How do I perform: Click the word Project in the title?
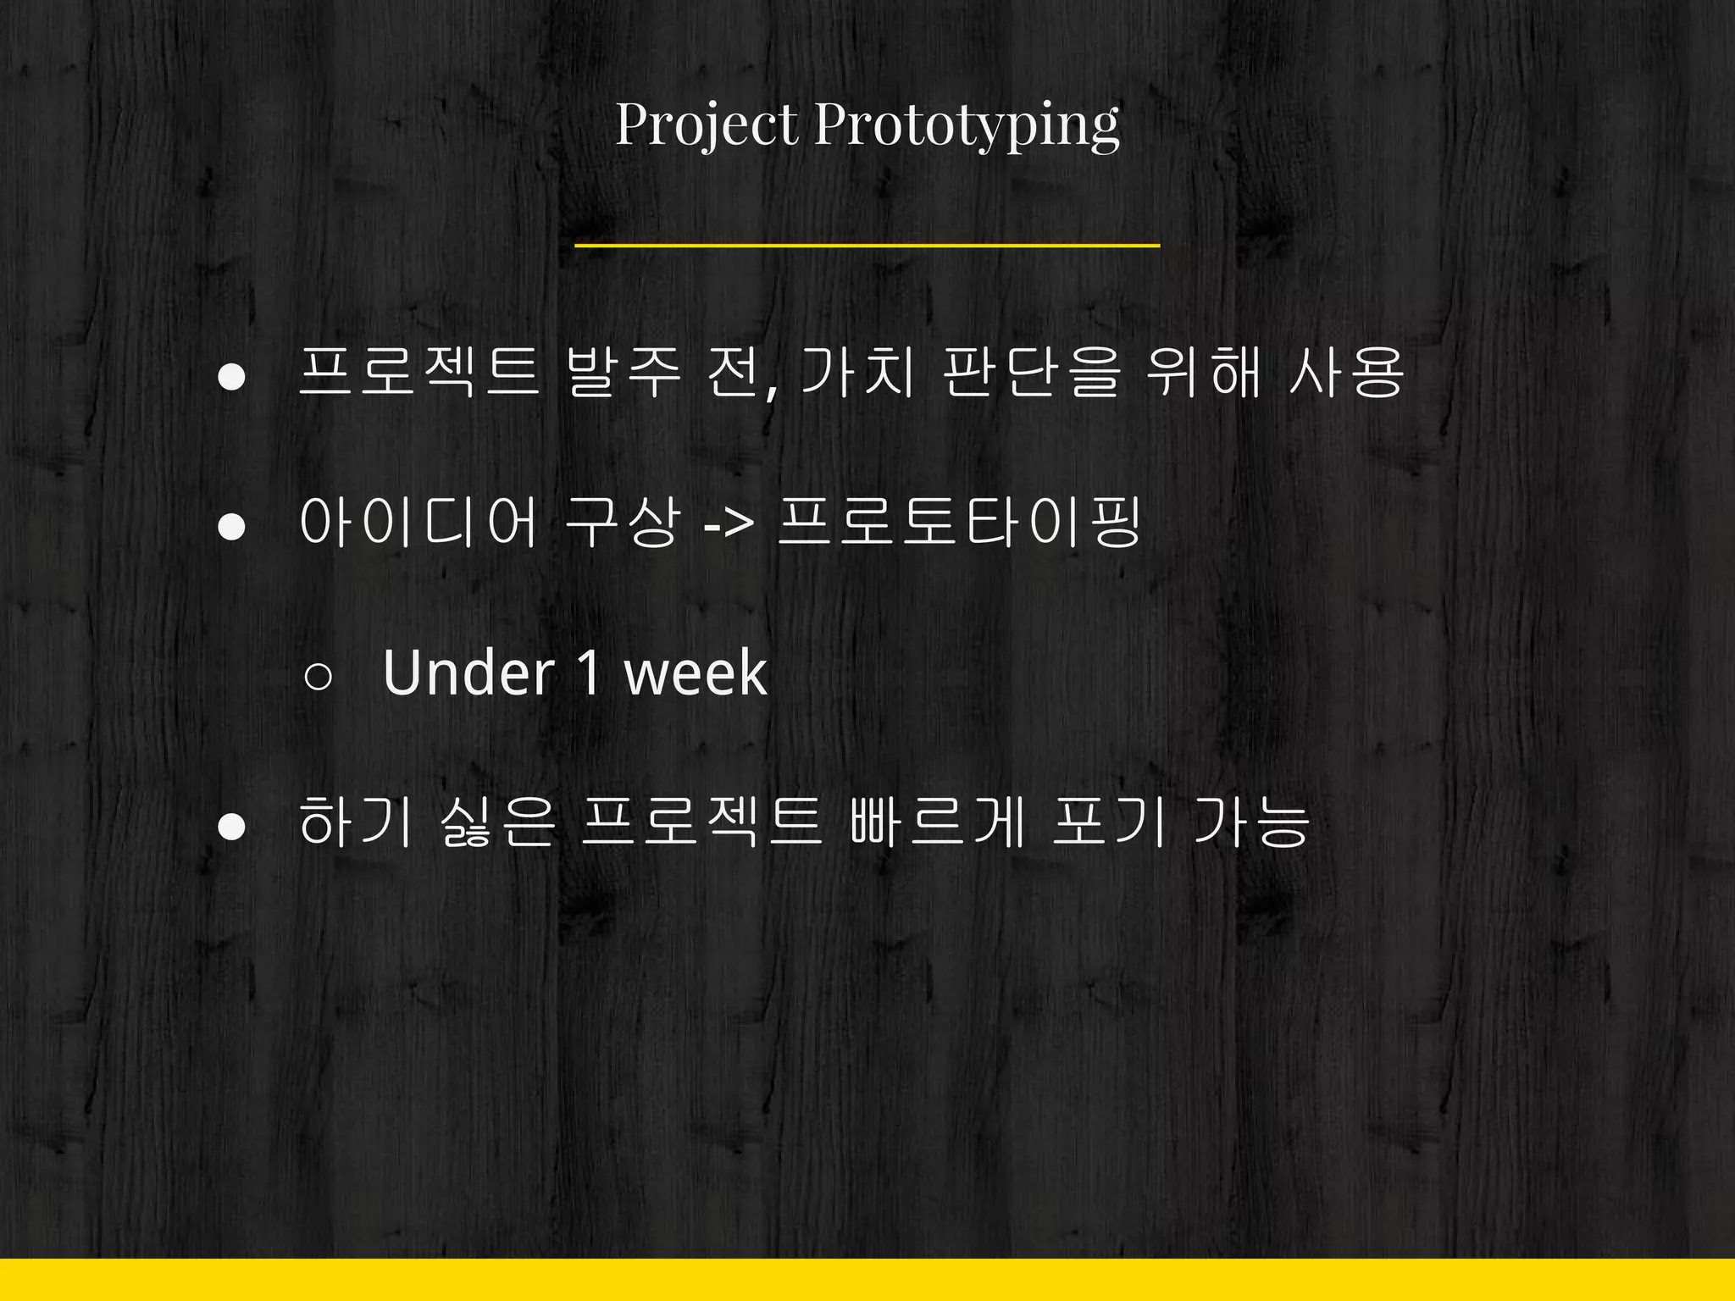(x=707, y=125)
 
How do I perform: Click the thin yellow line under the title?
(x=867, y=246)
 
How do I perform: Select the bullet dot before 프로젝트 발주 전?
(x=231, y=377)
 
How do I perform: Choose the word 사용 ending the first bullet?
(x=1346, y=374)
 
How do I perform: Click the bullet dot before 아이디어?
(x=231, y=527)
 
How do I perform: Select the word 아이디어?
(x=419, y=523)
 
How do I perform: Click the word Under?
(x=468, y=673)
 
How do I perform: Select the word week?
(x=696, y=673)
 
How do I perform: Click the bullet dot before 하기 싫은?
(x=231, y=827)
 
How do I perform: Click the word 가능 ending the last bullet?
(x=1251, y=822)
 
